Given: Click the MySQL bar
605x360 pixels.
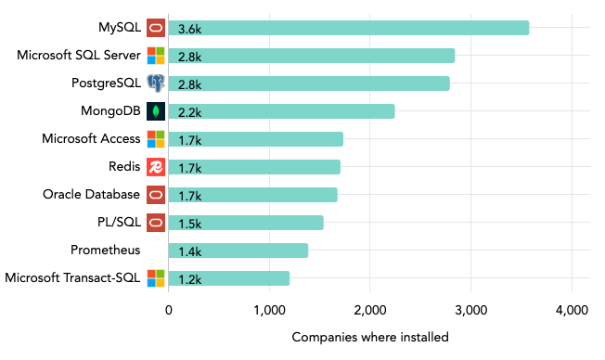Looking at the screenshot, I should click(348, 28).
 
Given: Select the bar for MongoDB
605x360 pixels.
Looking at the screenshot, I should click(281, 111).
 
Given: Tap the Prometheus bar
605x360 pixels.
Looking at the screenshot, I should click(238, 251).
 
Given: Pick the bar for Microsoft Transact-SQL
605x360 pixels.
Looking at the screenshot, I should click(228, 278).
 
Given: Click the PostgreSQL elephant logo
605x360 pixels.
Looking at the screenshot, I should click(156, 84).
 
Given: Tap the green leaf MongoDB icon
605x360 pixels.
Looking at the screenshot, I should click(156, 111).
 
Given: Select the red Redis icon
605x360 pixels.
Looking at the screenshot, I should click(156, 167).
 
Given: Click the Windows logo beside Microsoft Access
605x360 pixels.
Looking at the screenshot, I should click(156, 139).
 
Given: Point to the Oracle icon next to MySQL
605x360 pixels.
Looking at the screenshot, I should click(156, 28).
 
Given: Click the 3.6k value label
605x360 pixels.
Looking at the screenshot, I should click(189, 29).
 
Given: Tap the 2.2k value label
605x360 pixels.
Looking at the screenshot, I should click(189, 112).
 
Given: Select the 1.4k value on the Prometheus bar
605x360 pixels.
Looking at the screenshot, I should click(189, 251).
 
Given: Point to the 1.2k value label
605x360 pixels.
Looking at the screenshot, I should click(189, 279).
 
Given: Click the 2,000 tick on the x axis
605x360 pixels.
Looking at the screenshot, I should click(370, 310).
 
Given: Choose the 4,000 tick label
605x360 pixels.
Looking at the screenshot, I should click(572, 310).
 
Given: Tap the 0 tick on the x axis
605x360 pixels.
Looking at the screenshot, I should click(168, 310).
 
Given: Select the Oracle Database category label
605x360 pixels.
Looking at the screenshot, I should click(91, 194).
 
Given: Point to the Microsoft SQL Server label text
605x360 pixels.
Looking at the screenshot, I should click(79, 55).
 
